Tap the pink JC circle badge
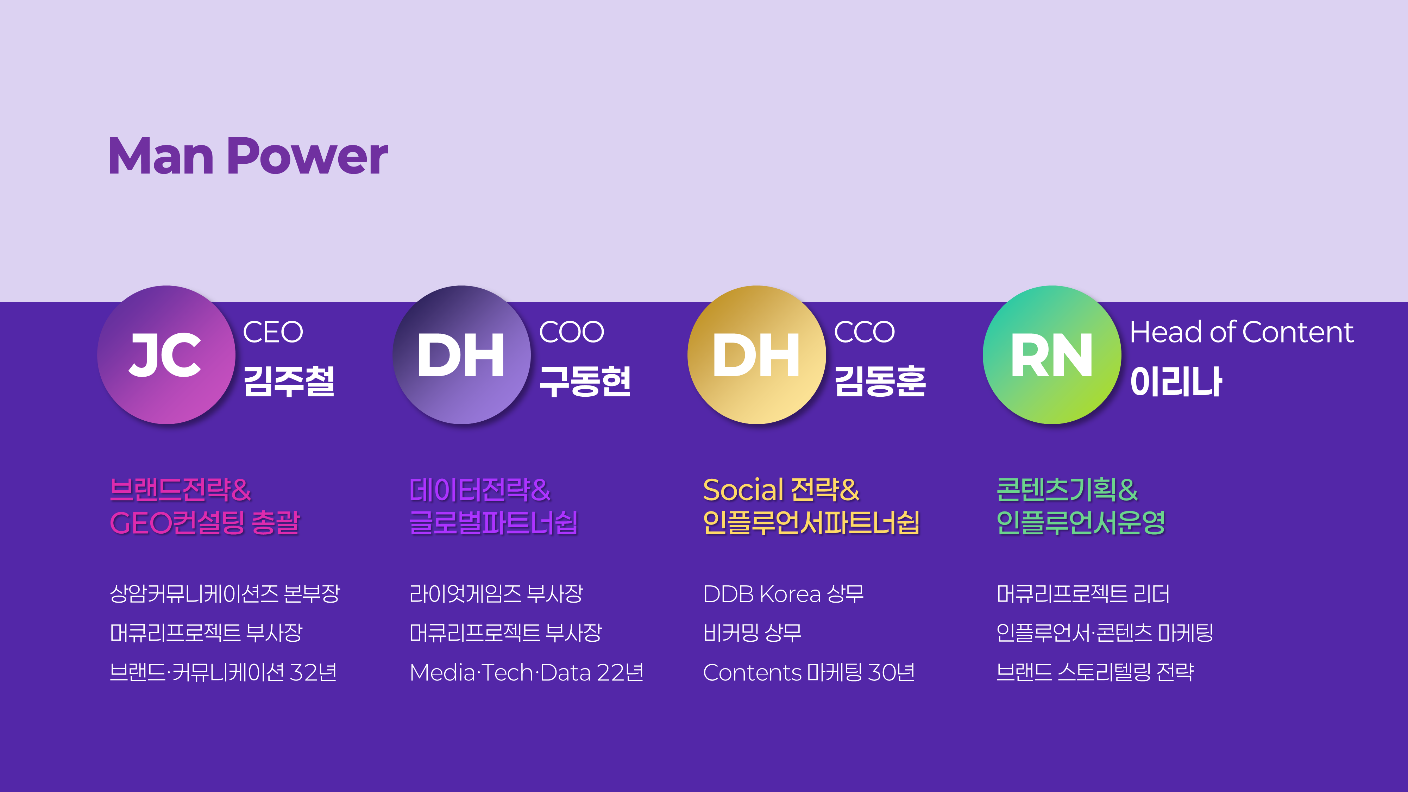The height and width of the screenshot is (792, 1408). click(166, 355)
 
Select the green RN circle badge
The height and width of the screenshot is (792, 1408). click(1052, 355)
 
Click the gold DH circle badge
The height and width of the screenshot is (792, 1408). click(756, 355)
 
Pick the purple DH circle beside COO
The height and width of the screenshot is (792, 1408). click(461, 355)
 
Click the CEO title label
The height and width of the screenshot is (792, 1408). click(273, 332)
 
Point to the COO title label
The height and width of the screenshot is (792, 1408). click(571, 332)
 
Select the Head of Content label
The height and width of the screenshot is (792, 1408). click(1241, 332)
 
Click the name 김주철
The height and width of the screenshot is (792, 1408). click(289, 381)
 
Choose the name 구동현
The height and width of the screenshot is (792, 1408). click(585, 381)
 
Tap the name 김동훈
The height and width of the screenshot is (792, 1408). click(880, 381)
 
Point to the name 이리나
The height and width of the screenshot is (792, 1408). click(1176, 381)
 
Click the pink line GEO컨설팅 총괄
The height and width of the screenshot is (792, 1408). click(205, 522)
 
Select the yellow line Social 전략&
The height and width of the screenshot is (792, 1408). click(781, 490)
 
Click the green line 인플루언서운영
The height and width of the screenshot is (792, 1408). click(1081, 522)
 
